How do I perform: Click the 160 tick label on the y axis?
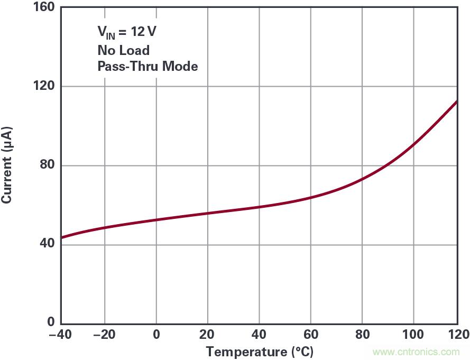tap(44, 8)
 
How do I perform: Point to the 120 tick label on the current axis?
tap(44, 86)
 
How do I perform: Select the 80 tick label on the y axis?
tap(48, 165)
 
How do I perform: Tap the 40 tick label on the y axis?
tap(48, 244)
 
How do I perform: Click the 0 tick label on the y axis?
tap(51, 322)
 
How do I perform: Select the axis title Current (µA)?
tap(7, 165)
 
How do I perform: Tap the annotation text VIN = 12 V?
tap(126, 32)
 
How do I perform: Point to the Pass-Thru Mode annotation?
tap(148, 67)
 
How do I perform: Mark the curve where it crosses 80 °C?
tap(362, 179)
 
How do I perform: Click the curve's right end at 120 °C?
tap(456, 101)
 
